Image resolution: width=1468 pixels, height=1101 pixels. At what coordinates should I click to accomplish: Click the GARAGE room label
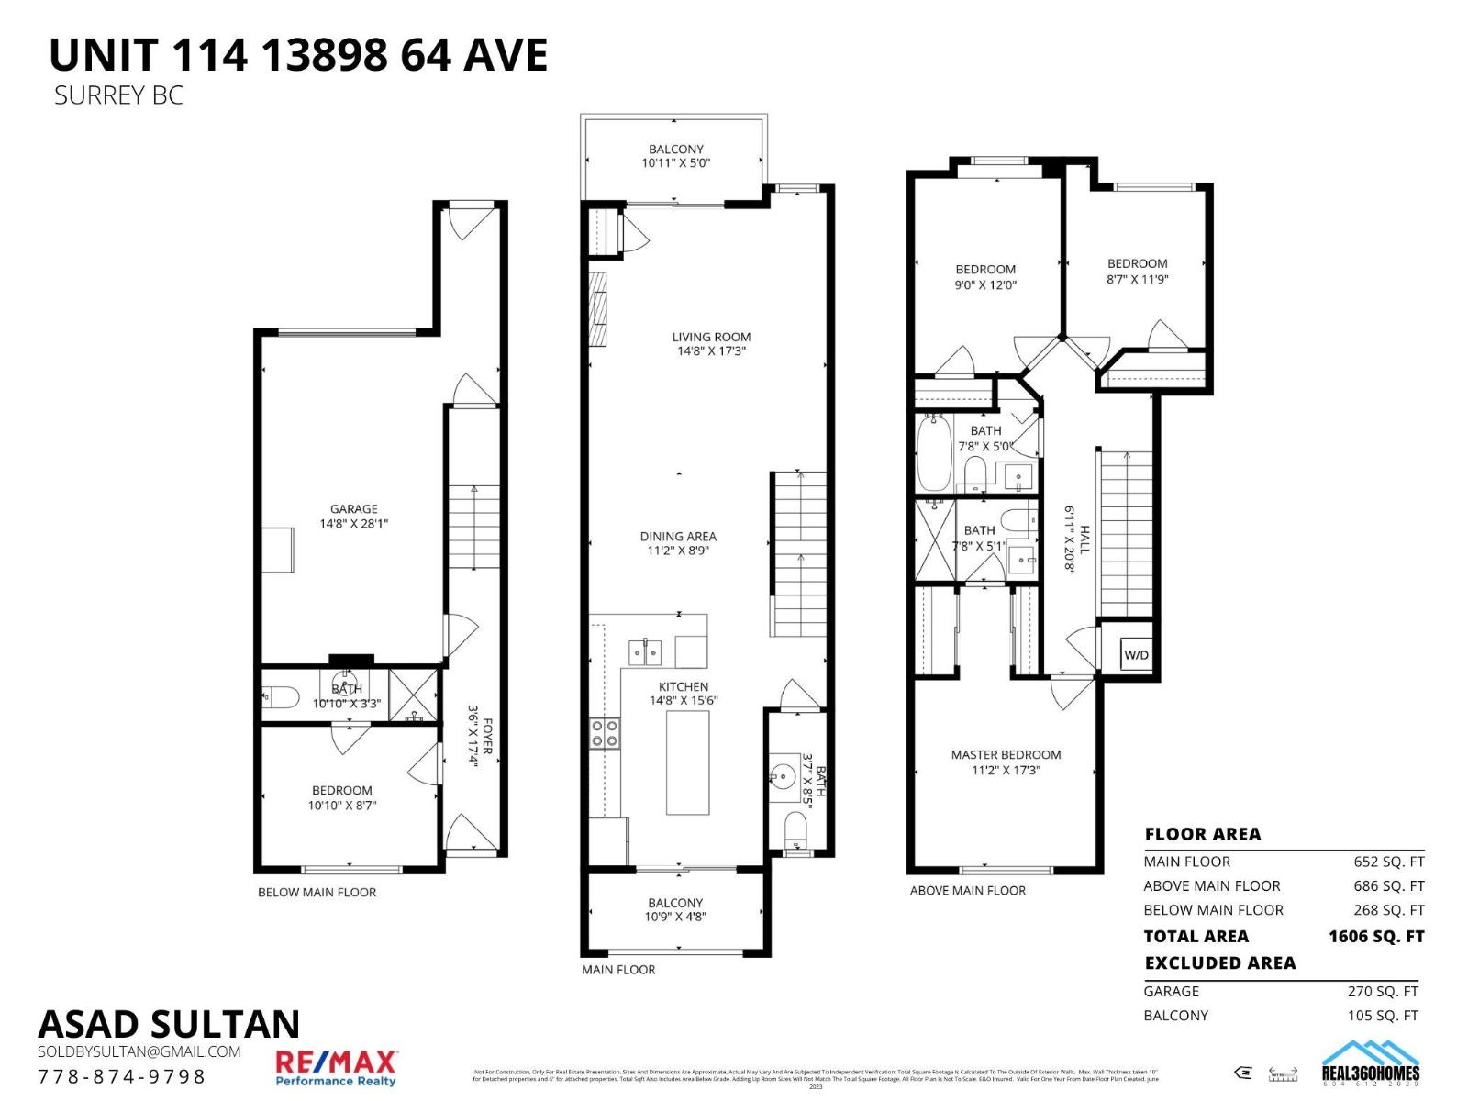pos(353,508)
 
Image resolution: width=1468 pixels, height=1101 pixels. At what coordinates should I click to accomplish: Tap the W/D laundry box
pos(1136,655)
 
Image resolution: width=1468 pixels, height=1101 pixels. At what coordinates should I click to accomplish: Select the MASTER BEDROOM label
pos(1006,754)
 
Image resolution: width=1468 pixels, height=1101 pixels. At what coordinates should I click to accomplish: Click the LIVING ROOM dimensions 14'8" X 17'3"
pos(711,350)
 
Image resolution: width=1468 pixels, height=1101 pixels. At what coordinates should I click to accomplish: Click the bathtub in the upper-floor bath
pos(934,453)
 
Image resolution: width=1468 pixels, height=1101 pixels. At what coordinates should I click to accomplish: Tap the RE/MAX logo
pos(336,1067)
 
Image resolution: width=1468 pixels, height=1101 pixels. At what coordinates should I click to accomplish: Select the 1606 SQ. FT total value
pos(1375,937)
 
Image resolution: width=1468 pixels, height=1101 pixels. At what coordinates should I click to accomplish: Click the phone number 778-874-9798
pos(122,1076)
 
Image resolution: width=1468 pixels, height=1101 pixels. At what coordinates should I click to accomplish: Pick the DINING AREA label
pos(678,536)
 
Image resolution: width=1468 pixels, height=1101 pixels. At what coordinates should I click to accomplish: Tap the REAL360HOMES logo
pos(1370,1064)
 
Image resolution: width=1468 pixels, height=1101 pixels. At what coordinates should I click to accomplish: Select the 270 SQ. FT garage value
pos(1383,991)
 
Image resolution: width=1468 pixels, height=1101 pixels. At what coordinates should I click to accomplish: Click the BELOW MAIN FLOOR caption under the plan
pos(317,892)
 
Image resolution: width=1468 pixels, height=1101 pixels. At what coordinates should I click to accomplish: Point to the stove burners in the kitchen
pos(605,732)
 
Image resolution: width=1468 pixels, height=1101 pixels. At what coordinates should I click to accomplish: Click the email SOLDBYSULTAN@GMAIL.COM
pos(139,1051)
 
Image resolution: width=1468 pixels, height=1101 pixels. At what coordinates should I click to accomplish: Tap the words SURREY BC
pos(118,95)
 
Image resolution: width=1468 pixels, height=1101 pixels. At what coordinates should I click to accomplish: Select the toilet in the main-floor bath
pos(795,829)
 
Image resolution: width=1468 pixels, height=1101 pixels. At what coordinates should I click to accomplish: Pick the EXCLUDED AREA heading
pos(1219,962)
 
